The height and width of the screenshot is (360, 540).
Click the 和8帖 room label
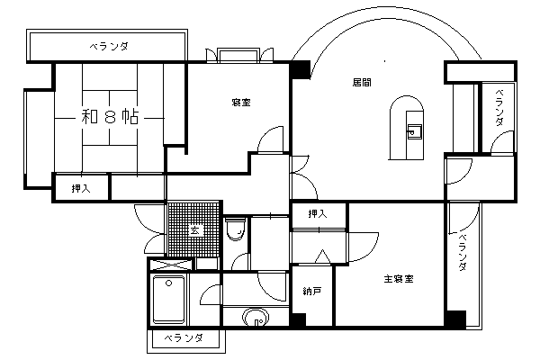(x=110, y=117)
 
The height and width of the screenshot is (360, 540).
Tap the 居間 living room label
(x=362, y=83)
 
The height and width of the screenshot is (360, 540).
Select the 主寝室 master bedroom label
(x=399, y=279)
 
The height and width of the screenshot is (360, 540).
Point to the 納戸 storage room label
(x=312, y=292)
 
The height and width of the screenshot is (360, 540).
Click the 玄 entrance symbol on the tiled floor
(x=195, y=230)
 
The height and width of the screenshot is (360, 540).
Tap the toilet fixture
(x=236, y=229)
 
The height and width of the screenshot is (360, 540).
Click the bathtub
(x=169, y=300)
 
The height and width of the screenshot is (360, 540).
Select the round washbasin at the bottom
(x=256, y=318)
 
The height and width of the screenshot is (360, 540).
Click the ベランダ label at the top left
(x=109, y=47)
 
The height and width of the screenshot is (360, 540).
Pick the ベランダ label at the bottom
(x=183, y=338)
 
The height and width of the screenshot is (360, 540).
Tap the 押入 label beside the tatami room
(x=81, y=189)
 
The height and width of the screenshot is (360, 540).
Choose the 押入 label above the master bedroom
(x=318, y=214)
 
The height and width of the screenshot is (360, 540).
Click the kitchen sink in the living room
(x=414, y=131)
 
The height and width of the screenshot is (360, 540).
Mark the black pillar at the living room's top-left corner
(x=301, y=70)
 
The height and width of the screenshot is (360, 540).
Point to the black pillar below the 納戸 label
(x=298, y=319)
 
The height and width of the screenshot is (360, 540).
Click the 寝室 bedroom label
(x=241, y=103)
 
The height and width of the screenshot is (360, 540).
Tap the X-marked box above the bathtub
(x=170, y=265)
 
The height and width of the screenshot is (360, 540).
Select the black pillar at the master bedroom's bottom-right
(x=455, y=319)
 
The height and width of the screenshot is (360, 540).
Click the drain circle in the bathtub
(x=169, y=283)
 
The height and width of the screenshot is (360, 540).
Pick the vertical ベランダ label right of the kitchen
(x=499, y=107)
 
